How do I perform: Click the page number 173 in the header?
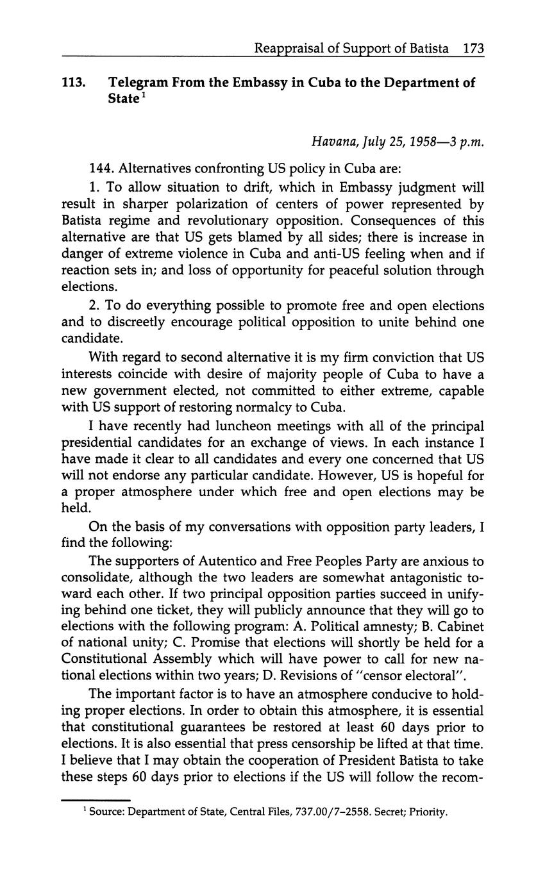[x=473, y=48]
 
